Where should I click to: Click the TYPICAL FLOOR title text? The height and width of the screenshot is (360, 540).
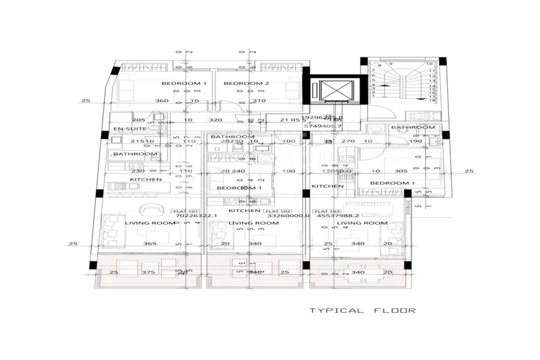(363, 311)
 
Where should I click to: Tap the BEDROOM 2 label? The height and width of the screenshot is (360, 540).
(246, 83)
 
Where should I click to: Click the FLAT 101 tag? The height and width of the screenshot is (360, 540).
(185, 212)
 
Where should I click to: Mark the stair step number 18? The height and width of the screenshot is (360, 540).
(432, 101)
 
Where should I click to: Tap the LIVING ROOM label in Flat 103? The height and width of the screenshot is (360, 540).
(362, 223)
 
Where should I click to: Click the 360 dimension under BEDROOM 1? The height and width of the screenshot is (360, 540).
(162, 101)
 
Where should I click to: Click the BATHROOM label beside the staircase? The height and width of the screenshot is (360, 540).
(413, 128)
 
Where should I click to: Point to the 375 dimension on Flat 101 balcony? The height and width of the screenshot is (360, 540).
(147, 273)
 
